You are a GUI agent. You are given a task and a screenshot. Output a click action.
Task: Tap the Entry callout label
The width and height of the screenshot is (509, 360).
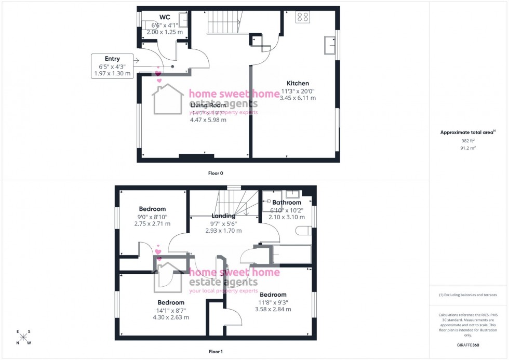tap(112, 59)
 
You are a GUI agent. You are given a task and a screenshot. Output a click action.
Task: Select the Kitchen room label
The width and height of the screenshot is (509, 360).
tap(298, 83)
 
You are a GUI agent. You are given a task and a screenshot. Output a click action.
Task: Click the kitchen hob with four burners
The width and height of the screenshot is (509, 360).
tap(302, 18)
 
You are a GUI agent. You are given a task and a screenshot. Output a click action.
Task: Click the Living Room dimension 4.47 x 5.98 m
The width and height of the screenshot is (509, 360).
tap(208, 120)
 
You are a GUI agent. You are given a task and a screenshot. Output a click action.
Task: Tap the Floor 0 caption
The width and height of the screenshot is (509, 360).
tap(216, 173)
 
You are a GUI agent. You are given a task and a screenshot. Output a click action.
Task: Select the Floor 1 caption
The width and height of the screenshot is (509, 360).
tap(216, 352)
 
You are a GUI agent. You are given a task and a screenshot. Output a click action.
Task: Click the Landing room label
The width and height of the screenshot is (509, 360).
tap(224, 216)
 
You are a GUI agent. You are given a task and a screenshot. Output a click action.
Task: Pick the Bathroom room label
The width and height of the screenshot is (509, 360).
tap(286, 203)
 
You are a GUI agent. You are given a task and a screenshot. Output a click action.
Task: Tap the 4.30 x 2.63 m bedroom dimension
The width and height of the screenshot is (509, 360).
tap(171, 317)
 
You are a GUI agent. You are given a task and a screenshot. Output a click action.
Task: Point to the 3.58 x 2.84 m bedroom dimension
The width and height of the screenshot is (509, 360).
tap(272, 309)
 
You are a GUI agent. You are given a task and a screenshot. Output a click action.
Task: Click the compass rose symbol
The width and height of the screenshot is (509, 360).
tap(23, 338)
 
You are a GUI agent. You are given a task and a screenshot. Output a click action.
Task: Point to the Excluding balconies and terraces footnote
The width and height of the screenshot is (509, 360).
tap(467, 295)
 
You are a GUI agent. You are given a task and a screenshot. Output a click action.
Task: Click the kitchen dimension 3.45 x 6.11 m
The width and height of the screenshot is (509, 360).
tap(298, 98)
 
